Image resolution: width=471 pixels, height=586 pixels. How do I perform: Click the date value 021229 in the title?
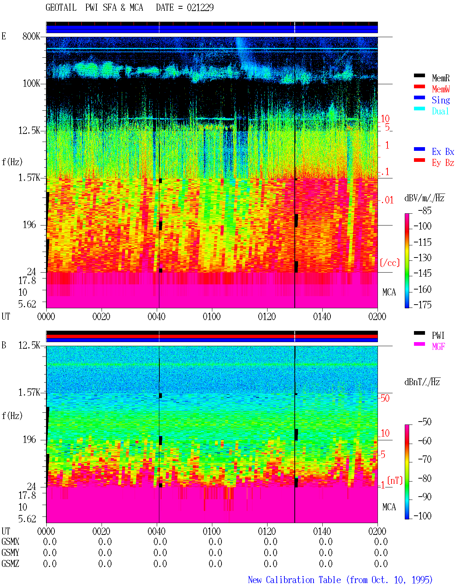(200, 7)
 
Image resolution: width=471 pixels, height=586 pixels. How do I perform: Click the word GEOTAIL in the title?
(61, 7)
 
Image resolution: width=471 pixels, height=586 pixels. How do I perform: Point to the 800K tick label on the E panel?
(31, 36)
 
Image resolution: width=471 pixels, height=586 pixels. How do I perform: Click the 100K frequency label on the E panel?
(31, 84)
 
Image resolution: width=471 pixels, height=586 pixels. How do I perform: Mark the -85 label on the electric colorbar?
(425, 211)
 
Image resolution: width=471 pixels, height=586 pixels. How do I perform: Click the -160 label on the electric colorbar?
(422, 289)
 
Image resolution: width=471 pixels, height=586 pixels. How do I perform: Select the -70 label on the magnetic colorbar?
(425, 459)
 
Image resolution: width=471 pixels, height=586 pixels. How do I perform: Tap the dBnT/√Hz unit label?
(422, 382)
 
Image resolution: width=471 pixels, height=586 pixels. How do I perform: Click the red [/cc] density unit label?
(390, 263)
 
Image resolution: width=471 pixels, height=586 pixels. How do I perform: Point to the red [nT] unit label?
(395, 480)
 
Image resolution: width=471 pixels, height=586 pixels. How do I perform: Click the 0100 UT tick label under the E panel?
(212, 317)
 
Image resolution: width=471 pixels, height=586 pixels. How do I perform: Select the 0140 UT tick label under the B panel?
(322, 531)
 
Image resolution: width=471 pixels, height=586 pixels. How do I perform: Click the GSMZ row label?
(10, 564)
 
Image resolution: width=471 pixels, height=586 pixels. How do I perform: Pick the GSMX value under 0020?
(105, 542)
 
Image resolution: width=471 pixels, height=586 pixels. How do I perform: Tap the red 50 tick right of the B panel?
(385, 398)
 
